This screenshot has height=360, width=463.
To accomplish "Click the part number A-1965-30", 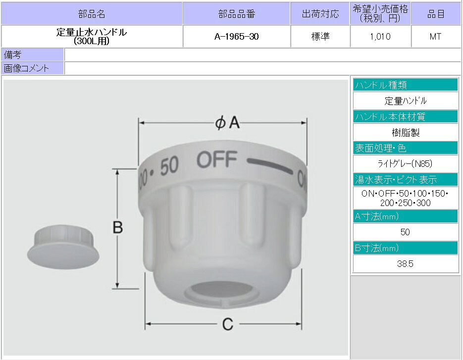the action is tap(237, 37).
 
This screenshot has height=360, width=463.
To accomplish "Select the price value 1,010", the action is tap(380, 37).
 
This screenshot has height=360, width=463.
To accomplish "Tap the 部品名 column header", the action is tap(92, 14).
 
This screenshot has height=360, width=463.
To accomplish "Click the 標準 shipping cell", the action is tap(320, 37).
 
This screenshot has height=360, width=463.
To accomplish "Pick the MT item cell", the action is tap(435, 37).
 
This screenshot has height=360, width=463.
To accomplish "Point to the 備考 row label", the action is tap(12, 54).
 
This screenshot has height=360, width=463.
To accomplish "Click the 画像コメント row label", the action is tap(26, 68).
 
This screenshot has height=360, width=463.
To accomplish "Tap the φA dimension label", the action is tap(227, 122).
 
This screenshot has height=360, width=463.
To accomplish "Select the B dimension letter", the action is tap(118, 227).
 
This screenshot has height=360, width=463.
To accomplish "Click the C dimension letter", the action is tap(228, 324).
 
